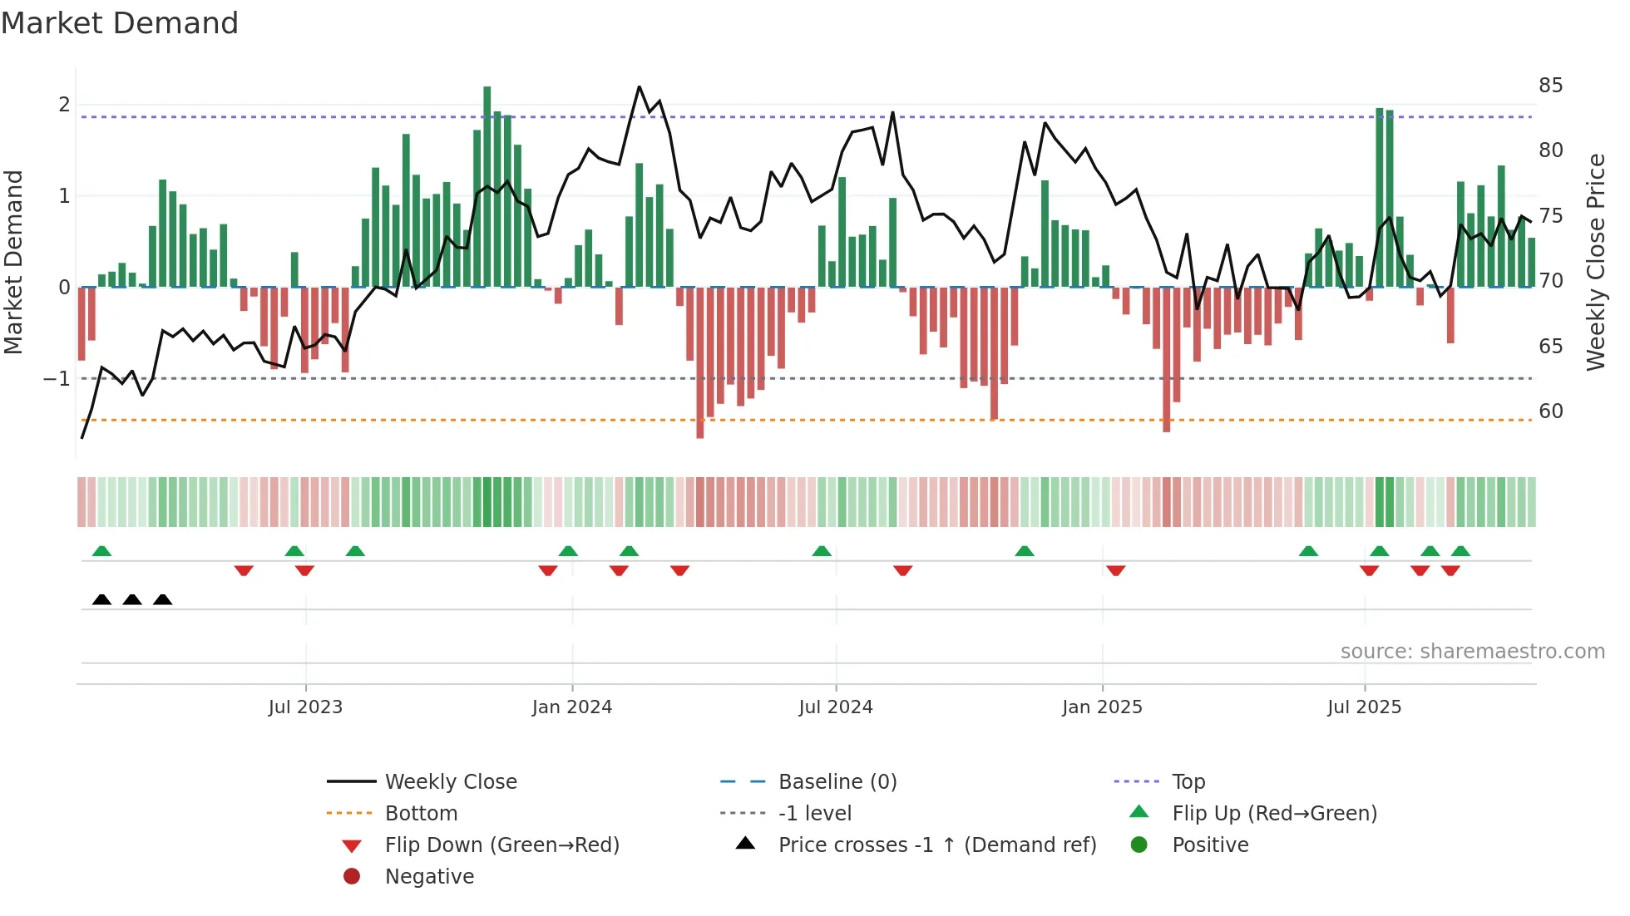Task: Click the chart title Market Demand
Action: point(120,23)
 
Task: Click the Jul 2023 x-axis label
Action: point(305,707)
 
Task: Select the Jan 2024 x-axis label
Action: point(572,707)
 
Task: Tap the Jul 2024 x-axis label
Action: point(836,707)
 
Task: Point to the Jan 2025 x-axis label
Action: point(1102,707)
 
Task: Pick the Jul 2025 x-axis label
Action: point(1365,707)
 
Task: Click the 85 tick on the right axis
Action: point(1550,86)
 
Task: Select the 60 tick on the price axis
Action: point(1550,411)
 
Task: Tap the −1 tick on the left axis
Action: point(57,379)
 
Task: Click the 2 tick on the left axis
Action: point(64,105)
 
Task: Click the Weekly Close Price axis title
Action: point(1595,262)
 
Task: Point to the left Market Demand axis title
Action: point(14,262)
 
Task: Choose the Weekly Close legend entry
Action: point(450,782)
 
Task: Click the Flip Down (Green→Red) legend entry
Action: point(501,845)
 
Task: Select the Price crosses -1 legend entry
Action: point(936,845)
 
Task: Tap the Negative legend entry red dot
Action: point(352,877)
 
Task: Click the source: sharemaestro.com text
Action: point(1472,652)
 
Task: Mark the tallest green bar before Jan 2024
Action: point(487,187)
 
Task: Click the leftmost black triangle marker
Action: point(101,599)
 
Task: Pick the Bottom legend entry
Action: point(421,814)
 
